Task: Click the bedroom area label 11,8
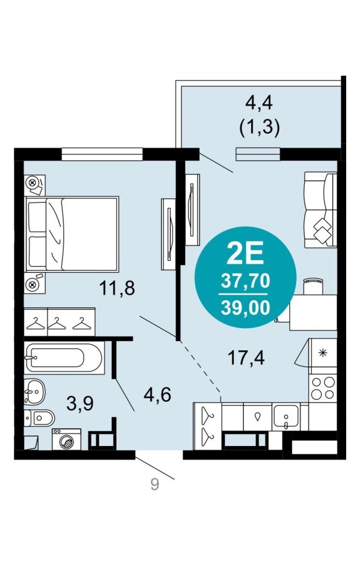pyautogui.click(x=117, y=287)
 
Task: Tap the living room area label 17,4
pyautogui.click(x=246, y=357)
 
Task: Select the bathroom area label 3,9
pyautogui.click(x=80, y=403)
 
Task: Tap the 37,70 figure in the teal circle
pyautogui.click(x=245, y=281)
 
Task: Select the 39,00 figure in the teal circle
pyautogui.click(x=245, y=308)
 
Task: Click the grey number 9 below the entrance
pyautogui.click(x=155, y=484)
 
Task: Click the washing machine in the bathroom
pyautogui.click(x=66, y=439)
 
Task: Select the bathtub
pyautogui.click(x=64, y=358)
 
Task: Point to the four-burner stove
pyautogui.click(x=323, y=388)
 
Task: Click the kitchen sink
pyautogui.click(x=286, y=417)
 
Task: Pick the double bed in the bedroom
pyautogui.click(x=71, y=234)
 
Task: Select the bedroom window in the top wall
pyautogui.click(x=102, y=154)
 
